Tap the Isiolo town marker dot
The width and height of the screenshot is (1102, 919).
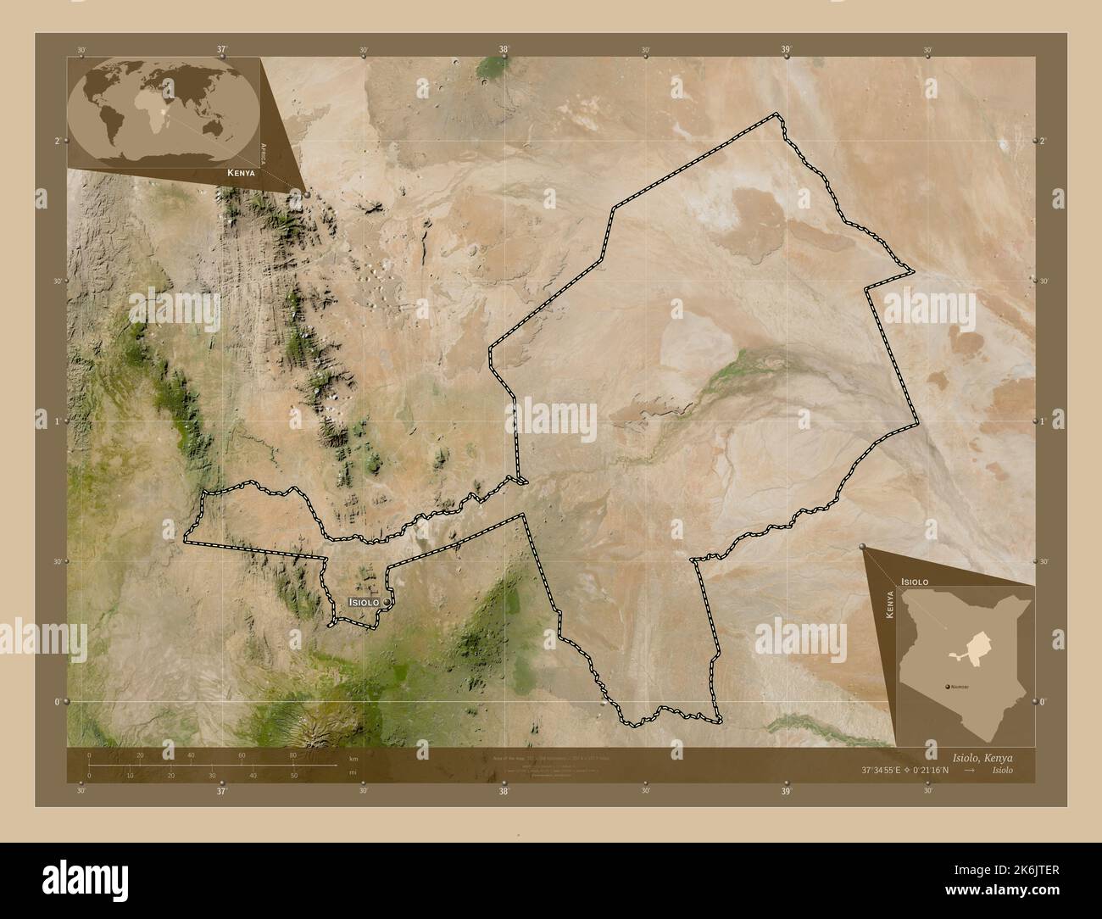point(387,601)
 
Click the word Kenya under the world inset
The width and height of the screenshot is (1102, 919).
point(241,172)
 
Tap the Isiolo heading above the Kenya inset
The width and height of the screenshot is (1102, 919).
point(915,582)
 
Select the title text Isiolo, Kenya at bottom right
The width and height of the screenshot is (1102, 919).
point(977,757)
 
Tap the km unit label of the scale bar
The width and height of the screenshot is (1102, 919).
point(353,760)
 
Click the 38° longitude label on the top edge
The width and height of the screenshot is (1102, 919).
point(504,50)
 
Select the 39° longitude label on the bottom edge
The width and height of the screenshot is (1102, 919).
point(786,791)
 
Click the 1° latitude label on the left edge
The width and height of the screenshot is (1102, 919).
point(57,421)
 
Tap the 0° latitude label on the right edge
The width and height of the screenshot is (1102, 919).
point(1044,702)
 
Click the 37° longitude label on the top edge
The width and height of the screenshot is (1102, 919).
point(222,50)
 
